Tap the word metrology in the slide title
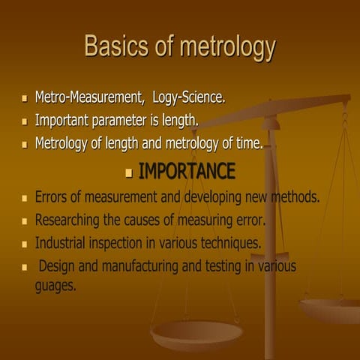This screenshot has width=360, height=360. coord(224,48)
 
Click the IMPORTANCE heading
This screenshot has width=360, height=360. coord(187,172)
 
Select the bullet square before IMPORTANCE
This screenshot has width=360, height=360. coord(128,173)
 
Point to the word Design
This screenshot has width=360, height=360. coord(58,265)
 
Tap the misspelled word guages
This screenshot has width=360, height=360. coord(55,286)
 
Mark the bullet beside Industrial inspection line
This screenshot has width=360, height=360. coord(25,244)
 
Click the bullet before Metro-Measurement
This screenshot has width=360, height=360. coord(25,98)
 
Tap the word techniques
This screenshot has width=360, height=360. coord(226,243)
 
